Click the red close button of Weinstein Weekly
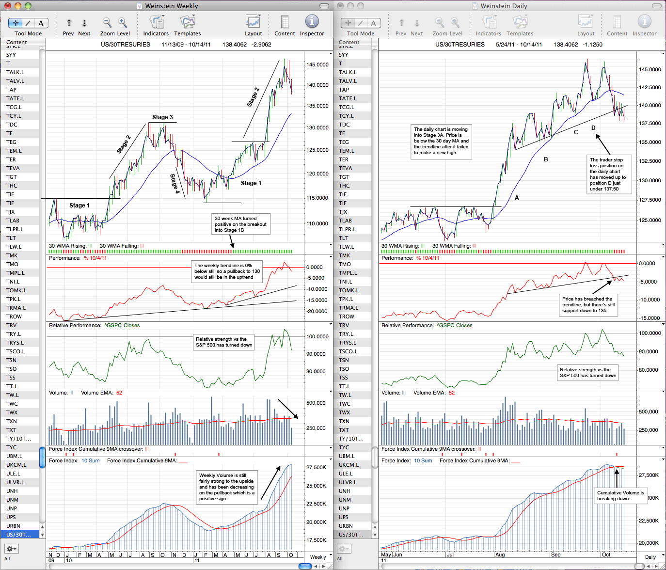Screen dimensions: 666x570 pyautogui.click(x=8, y=6)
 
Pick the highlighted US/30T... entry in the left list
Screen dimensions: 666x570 pyautogui.click(x=19, y=535)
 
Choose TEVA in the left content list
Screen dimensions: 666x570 pyautogui.click(x=13, y=168)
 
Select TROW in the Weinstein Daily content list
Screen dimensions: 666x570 pyautogui.click(x=347, y=317)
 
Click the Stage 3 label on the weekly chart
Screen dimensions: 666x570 pyautogui.click(x=162, y=117)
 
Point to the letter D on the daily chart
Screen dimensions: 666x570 pyautogui.click(x=593, y=128)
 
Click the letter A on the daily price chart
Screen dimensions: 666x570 pyautogui.click(x=517, y=198)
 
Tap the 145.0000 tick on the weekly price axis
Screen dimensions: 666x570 pyautogui.click(x=317, y=64)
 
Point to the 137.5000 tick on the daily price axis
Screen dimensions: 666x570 pyautogui.click(x=650, y=124)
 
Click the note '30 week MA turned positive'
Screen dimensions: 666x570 pyautogui.click(x=241, y=224)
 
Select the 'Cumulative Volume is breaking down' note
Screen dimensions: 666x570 pyautogui.click(x=620, y=495)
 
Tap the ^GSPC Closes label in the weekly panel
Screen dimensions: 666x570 pyautogui.click(x=122, y=325)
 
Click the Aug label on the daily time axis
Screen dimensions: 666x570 pyautogui.click(x=500, y=554)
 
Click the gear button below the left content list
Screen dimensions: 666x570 pyautogui.click(x=12, y=548)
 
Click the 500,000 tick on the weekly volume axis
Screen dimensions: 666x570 pyautogui.click(x=316, y=403)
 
